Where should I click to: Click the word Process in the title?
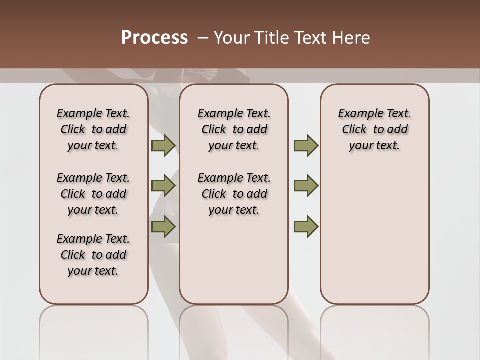pos(154,38)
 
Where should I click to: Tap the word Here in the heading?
pos(352,38)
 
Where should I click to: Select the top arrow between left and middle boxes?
pos(163,146)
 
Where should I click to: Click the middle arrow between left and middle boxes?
pos(163,186)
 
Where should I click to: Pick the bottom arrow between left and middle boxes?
pos(163,226)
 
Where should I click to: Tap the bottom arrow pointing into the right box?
pos(306,226)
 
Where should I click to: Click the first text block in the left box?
pos(93,129)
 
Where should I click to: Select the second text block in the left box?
pos(93,194)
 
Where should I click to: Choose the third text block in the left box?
pos(93,255)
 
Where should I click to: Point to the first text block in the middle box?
pos(234,129)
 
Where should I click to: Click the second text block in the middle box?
pos(234,194)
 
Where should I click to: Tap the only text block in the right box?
pos(374,129)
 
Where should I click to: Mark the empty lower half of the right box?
pos(374,235)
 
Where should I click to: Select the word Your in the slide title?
pos(231,38)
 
